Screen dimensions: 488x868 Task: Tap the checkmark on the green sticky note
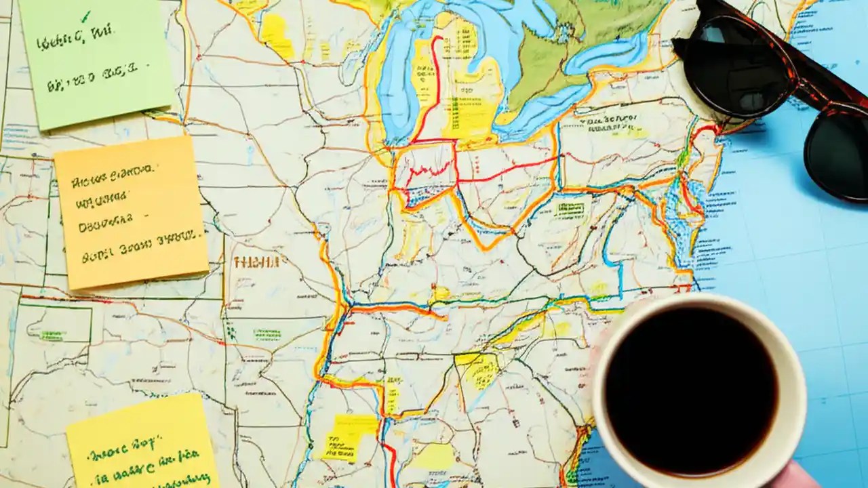click(85, 16)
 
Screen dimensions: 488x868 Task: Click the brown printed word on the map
click(256, 262)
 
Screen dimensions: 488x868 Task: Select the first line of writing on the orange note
click(113, 178)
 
